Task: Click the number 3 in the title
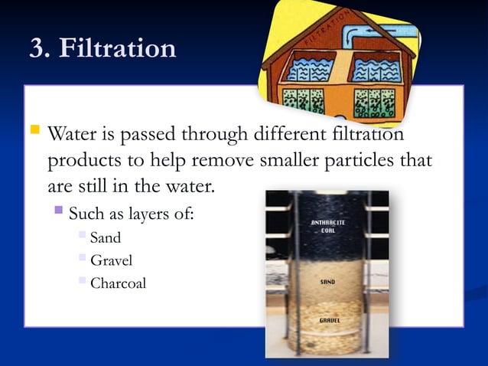coord(36,48)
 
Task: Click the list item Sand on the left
coord(106,237)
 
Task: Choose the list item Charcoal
coord(118,283)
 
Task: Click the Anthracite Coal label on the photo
coord(328,227)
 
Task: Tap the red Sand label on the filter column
coord(327,282)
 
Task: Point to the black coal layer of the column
coord(327,245)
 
